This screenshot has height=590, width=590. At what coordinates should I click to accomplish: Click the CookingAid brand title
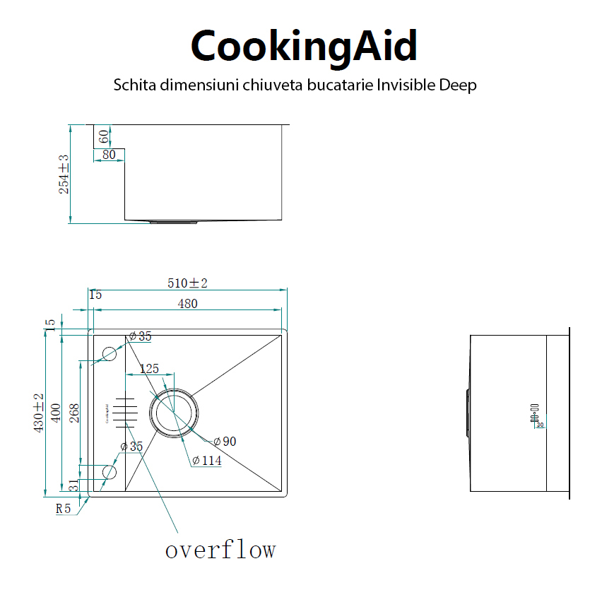click(x=304, y=45)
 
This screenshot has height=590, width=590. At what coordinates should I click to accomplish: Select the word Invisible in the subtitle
click(x=403, y=85)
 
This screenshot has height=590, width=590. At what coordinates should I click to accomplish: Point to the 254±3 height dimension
click(x=64, y=175)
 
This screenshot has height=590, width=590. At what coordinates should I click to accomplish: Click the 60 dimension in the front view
click(x=103, y=136)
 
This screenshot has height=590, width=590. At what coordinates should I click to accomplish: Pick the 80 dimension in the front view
click(x=109, y=154)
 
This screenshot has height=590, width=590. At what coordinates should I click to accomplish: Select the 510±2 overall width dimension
click(x=187, y=283)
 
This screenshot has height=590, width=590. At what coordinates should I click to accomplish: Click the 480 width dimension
click(x=187, y=304)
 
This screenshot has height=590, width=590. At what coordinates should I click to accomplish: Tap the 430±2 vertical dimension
click(x=39, y=413)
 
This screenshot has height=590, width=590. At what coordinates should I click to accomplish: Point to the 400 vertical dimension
click(x=55, y=413)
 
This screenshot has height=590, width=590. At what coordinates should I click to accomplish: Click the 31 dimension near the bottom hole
click(x=73, y=485)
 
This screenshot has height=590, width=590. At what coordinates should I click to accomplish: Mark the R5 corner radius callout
click(x=64, y=508)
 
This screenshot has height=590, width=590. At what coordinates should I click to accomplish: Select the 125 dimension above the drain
click(x=149, y=369)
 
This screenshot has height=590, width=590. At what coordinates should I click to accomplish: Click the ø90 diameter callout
click(x=225, y=442)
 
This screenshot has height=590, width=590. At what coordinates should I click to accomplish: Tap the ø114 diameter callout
click(x=206, y=461)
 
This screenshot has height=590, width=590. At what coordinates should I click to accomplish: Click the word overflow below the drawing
click(x=220, y=549)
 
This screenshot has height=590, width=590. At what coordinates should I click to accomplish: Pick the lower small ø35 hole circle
click(x=110, y=471)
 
